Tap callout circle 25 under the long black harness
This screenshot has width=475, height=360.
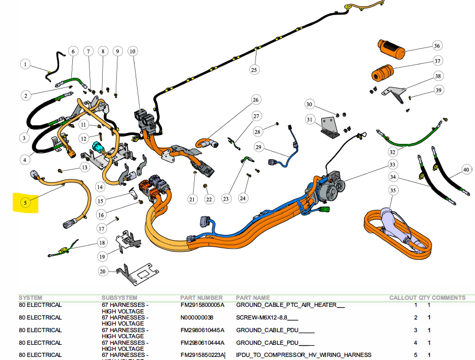click(254, 69)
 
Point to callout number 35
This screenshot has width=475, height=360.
click(393, 191)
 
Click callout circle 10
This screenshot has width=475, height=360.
click(133, 51)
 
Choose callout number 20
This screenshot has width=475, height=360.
click(103, 272)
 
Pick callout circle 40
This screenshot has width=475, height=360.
click(466, 170)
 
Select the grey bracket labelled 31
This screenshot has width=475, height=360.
click(332, 127)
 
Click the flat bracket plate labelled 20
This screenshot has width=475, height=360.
click(134, 274)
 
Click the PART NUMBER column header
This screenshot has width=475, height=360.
click(201, 298)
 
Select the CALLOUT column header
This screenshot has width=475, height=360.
click(403, 298)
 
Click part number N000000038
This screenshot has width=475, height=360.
click(197, 318)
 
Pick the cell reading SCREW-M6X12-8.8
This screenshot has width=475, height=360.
click(267, 318)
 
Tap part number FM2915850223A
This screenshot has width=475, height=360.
click(202, 355)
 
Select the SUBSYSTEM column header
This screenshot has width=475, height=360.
click(119, 298)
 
